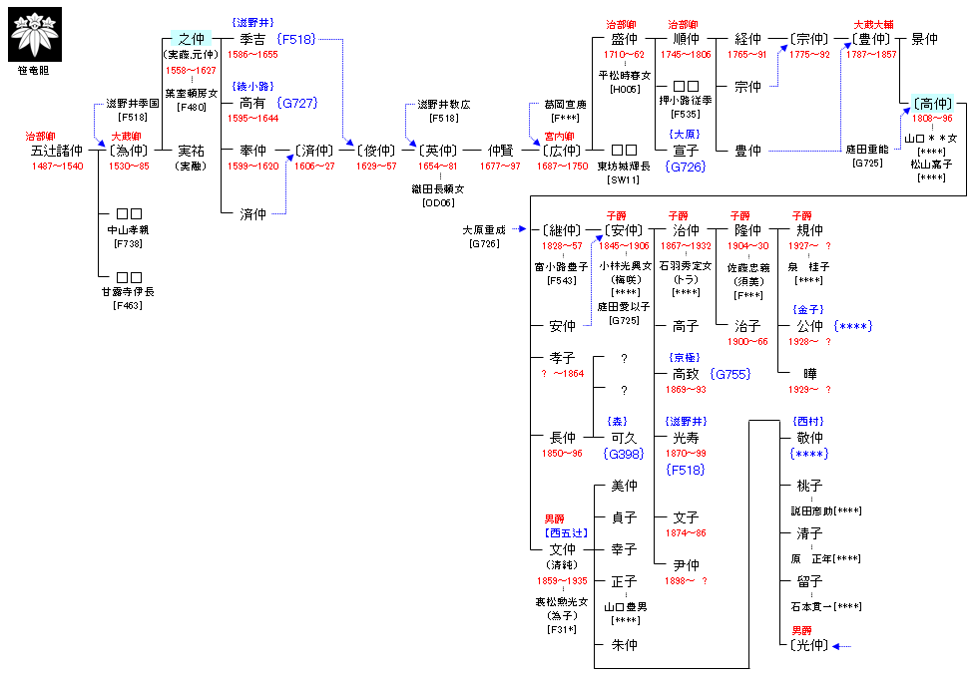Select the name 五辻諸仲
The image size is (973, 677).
(x=56, y=151)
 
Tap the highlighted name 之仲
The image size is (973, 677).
(x=191, y=39)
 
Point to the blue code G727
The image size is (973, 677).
(x=298, y=103)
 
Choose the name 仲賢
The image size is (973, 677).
(x=499, y=151)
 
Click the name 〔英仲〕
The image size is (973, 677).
(x=438, y=151)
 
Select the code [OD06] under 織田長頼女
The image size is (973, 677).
(x=439, y=202)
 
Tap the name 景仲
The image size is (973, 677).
(x=923, y=39)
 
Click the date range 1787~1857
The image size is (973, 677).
(x=871, y=54)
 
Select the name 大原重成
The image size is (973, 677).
(x=485, y=230)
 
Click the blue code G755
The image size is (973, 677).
(x=730, y=374)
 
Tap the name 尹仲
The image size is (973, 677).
(x=686, y=565)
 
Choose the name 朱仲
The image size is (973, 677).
(x=624, y=645)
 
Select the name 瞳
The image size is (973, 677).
(x=809, y=374)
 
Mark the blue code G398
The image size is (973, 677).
(x=624, y=453)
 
